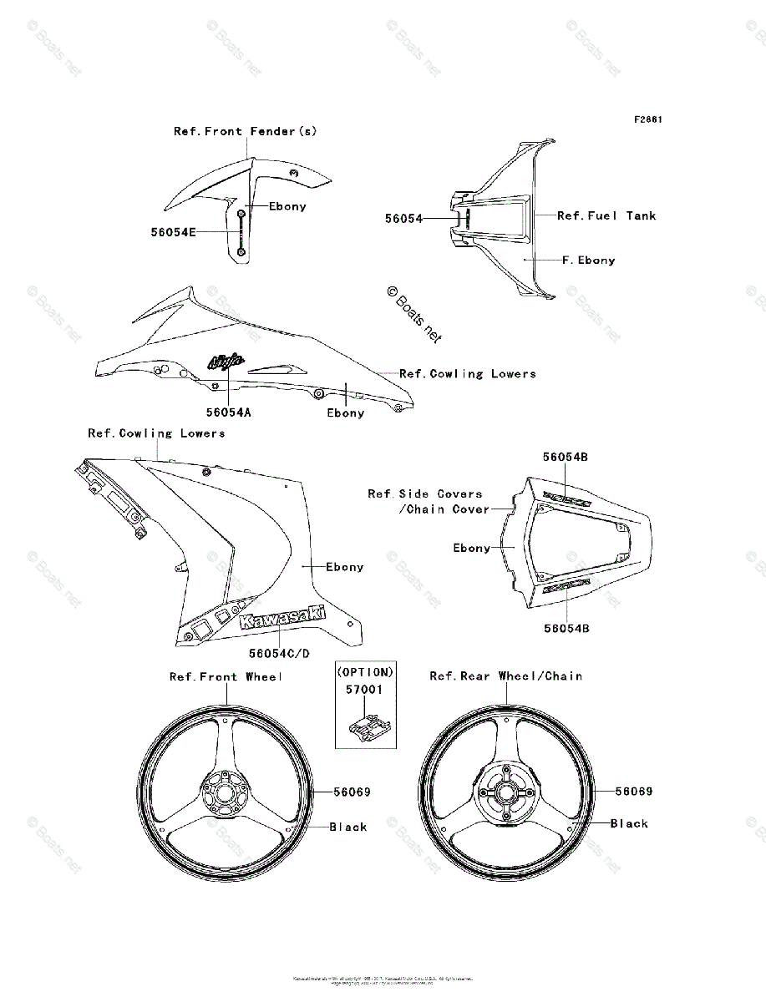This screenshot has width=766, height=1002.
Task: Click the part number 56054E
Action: click(174, 233)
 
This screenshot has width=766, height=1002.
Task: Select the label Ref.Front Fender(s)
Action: click(246, 131)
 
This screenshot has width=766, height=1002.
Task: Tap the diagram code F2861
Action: click(647, 119)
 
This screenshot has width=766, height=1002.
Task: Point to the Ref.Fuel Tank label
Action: click(606, 215)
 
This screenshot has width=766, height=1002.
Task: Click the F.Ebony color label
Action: click(588, 261)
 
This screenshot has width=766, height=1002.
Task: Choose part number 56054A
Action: click(228, 412)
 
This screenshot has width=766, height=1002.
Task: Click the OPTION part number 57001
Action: click(364, 691)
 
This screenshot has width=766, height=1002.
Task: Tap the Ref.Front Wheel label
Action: click(226, 676)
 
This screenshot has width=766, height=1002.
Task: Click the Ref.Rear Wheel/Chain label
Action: click(506, 676)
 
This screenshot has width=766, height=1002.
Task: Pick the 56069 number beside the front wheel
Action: click(352, 792)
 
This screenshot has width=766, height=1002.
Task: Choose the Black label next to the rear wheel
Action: click(629, 823)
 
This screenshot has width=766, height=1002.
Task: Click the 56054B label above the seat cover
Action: click(566, 457)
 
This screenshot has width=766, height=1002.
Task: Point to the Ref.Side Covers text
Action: click(425, 493)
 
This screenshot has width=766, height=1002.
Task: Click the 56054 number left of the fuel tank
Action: click(403, 219)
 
